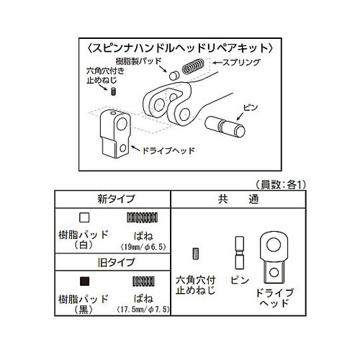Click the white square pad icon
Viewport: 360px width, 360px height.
(84, 217)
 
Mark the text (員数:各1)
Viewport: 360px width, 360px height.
(281, 184)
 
